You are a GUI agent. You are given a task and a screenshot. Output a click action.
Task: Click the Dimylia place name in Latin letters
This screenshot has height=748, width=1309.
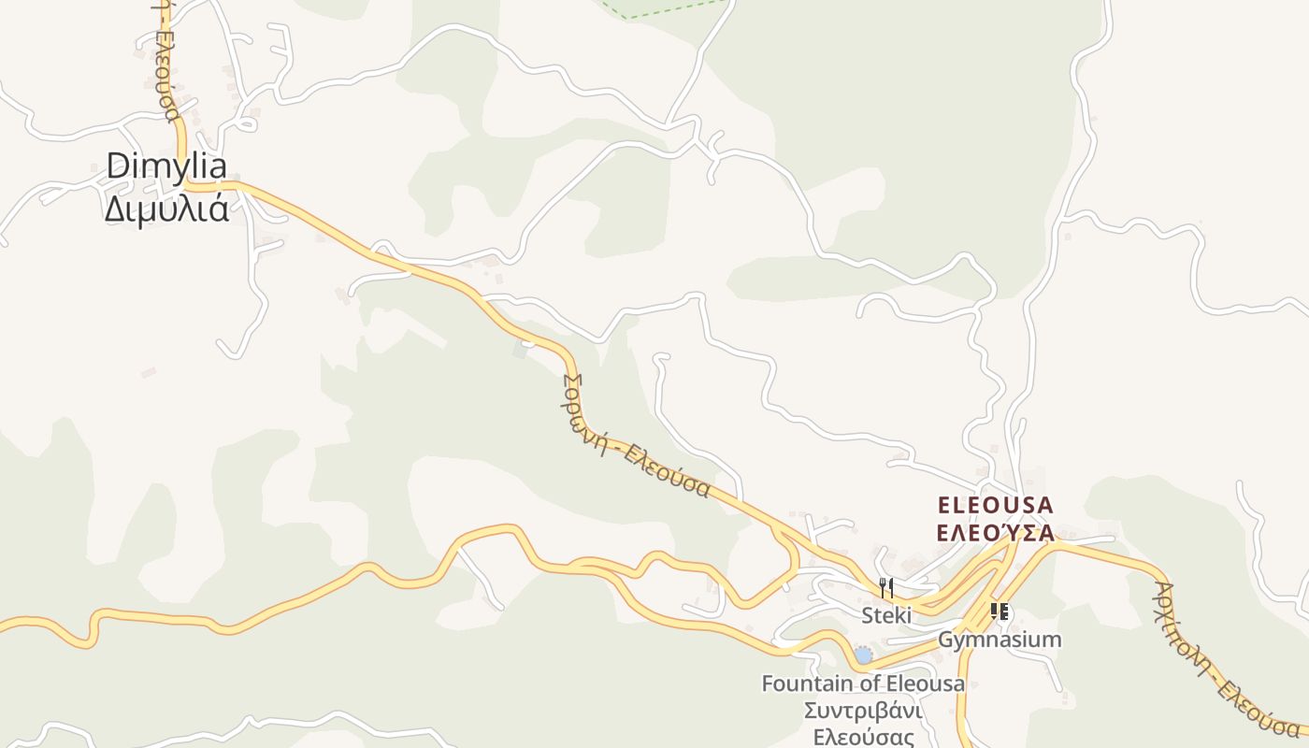pos(166,166)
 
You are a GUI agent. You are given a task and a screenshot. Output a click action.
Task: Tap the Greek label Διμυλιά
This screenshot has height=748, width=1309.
pos(166,209)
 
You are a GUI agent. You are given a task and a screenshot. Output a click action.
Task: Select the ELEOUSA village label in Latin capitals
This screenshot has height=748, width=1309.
pos(995,506)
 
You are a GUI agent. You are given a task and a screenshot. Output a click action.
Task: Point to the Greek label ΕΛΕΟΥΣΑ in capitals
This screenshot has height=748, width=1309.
pos(995,533)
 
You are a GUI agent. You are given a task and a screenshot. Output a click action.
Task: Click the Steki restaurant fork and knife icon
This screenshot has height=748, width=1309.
pos(886,588)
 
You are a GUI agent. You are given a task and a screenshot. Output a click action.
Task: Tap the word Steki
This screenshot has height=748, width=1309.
pos(886,615)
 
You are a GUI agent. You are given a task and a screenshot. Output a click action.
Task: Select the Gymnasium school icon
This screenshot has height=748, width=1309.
pos(1000,612)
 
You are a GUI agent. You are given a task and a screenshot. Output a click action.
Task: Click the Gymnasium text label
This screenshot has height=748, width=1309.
pos(1000,640)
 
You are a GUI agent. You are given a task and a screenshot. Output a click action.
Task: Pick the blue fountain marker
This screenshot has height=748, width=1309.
pos(863,655)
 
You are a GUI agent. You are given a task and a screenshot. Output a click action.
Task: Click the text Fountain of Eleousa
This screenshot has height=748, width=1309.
pos(862,683)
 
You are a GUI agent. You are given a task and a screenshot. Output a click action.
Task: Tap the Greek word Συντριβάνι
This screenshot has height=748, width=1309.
pos(863,711)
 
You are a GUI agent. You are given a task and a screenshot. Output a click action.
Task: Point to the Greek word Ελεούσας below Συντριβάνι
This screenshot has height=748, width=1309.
pos(863,737)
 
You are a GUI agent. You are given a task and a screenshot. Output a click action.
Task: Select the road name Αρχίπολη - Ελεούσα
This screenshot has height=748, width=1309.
pos(1224,659)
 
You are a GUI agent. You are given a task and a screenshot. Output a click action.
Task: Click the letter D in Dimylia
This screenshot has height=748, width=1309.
pos(116,166)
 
